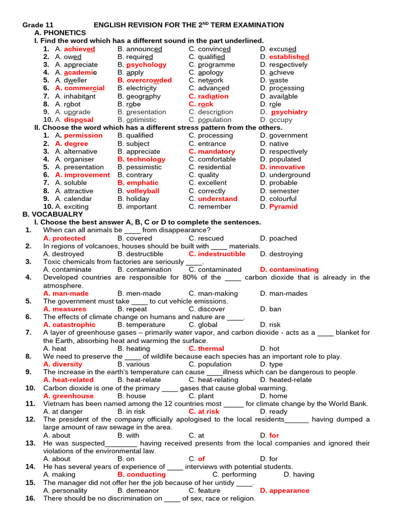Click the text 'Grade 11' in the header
[38, 25]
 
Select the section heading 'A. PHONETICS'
[59, 33]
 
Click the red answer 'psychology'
[146, 65]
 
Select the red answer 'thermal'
[211, 348]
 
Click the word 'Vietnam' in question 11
[56, 403]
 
